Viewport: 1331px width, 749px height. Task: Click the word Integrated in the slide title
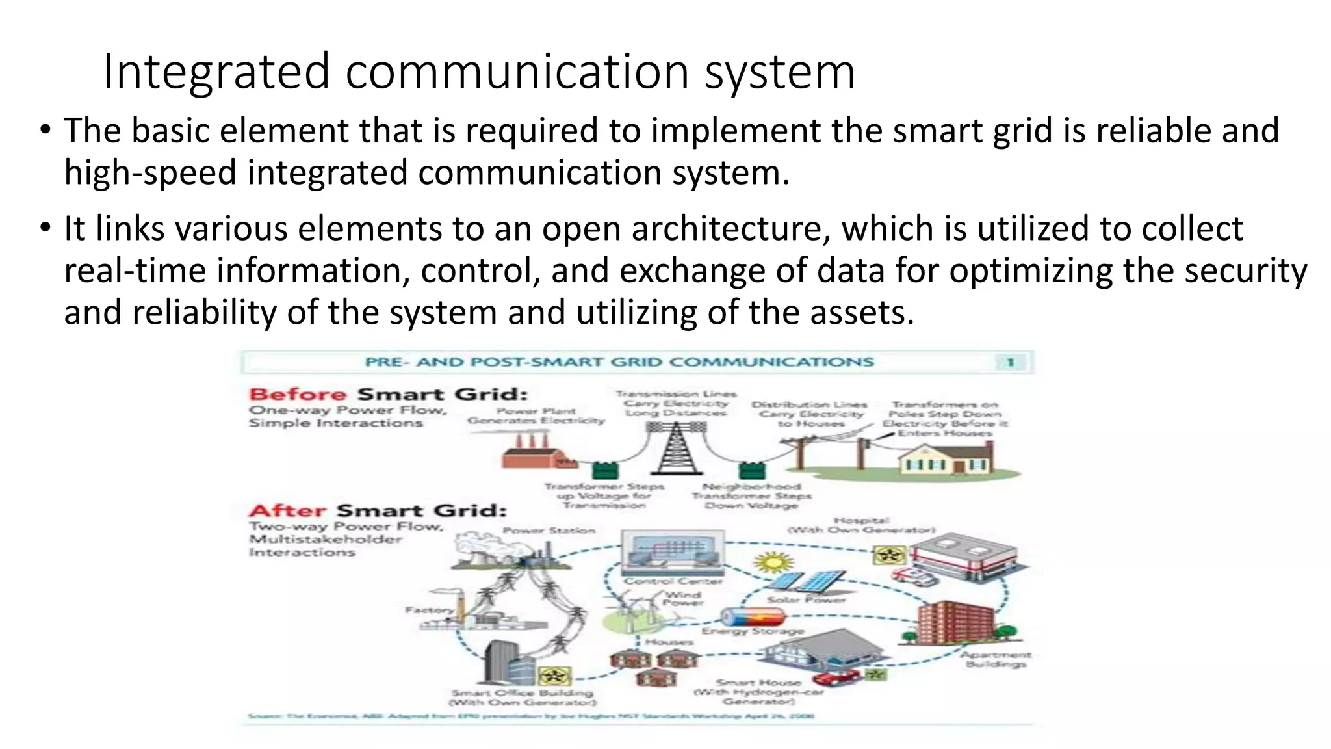click(216, 72)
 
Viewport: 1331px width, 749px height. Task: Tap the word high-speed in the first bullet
click(149, 173)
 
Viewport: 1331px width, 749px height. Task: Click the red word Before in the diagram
click(298, 395)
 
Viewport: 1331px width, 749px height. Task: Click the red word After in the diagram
click(287, 511)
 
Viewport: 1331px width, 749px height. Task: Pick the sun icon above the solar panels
click(773, 562)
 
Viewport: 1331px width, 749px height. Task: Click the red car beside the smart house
click(836, 677)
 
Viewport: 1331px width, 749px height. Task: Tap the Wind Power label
click(683, 598)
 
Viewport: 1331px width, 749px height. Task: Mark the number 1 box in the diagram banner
click(1011, 362)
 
